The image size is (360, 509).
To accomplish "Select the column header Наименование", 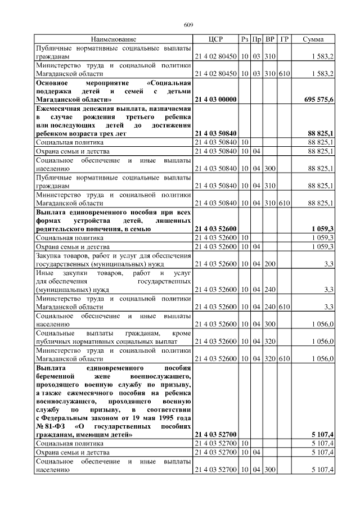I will (x=113, y=39).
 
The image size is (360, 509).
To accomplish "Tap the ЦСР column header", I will (x=215, y=39).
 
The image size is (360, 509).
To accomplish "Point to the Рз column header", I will (x=245, y=39).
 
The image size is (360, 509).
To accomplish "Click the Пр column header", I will (x=257, y=39).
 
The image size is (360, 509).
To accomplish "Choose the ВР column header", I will (x=271, y=39).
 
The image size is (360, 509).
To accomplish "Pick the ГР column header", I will (x=285, y=39).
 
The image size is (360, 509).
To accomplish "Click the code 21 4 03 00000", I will (x=215, y=99).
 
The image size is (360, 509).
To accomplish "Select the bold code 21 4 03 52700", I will (x=215, y=435).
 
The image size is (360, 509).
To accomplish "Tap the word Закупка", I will (x=48, y=255).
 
